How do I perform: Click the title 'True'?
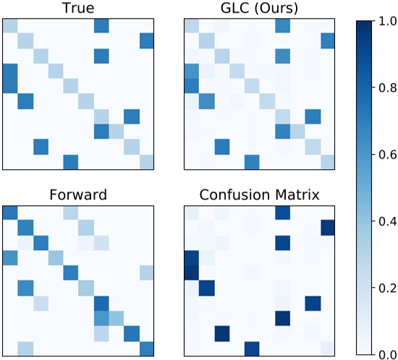coord(79,8)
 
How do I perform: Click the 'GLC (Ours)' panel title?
coord(260,8)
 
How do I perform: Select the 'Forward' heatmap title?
coord(79,194)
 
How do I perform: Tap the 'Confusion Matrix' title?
coord(260,194)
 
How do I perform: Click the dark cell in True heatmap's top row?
coord(101,26)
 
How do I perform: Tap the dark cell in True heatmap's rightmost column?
coord(147,41)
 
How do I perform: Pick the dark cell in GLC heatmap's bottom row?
coord(252,161)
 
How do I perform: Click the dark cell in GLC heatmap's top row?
coord(282,26)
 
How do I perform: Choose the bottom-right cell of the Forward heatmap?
coord(147,348)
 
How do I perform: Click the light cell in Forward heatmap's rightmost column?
coord(147,273)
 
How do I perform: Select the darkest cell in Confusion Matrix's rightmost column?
coord(328,228)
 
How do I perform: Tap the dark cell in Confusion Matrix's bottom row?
coord(252,348)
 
